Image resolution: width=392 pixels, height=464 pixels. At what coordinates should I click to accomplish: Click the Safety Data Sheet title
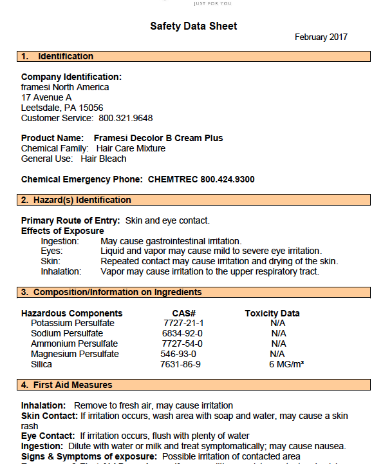pyautogui.click(x=194, y=26)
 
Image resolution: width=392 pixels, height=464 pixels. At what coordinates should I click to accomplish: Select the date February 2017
pyautogui.click(x=321, y=37)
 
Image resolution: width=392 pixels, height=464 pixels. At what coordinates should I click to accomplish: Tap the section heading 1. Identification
pyautogui.click(x=57, y=57)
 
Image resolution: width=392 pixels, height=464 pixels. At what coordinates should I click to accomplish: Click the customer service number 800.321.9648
pyautogui.click(x=126, y=118)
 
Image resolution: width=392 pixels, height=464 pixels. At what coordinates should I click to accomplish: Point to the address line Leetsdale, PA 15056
pyautogui.click(x=62, y=108)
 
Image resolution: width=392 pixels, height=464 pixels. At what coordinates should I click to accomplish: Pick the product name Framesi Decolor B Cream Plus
pyautogui.click(x=158, y=138)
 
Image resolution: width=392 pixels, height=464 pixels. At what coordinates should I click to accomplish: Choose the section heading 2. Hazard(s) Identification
pyautogui.click(x=76, y=200)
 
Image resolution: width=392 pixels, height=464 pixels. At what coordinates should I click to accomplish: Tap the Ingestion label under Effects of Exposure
pyautogui.click(x=60, y=241)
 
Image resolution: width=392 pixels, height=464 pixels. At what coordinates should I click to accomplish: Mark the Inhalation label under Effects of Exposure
pyautogui.click(x=61, y=271)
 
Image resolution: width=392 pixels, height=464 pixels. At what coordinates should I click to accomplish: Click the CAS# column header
pyautogui.click(x=183, y=313)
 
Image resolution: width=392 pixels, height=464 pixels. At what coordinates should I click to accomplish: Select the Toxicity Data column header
pyautogui.click(x=272, y=313)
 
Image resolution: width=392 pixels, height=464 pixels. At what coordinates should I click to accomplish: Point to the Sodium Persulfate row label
pyautogui.click(x=67, y=333)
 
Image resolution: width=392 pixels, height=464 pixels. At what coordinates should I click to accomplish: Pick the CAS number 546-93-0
pyautogui.click(x=178, y=354)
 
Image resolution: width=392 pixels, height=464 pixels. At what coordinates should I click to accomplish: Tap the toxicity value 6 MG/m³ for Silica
pyautogui.click(x=286, y=364)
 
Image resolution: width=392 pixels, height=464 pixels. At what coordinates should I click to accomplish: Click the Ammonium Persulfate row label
pyautogui.click(x=74, y=343)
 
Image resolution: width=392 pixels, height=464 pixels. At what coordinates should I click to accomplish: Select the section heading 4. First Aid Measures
pyautogui.click(x=66, y=385)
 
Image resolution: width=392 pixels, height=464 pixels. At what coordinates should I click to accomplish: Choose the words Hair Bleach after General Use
pyautogui.click(x=104, y=159)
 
